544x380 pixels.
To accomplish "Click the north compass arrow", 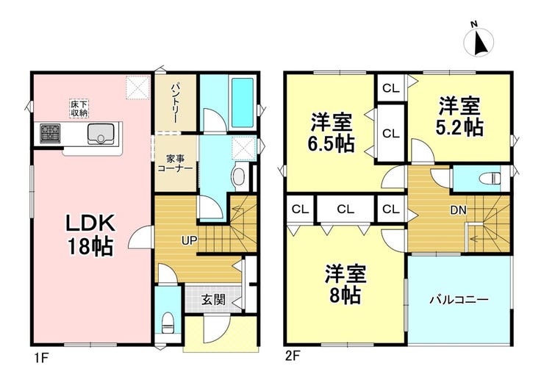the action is pos(480,43).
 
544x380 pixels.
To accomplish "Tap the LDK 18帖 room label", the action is pos(90,235).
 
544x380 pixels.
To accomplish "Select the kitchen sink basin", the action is pos(101,133).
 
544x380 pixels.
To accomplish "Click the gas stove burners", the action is pos(50,133).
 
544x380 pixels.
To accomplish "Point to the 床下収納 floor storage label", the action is pos(79,108).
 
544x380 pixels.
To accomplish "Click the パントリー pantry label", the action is pos(174,102).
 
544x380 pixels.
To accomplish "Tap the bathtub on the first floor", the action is pos(243,102).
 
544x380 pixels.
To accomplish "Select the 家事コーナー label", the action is pos(175,164).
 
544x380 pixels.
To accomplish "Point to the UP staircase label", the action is pos(190,240).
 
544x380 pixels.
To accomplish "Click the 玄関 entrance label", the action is pos(213,300).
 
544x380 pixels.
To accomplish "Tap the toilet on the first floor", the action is pos(168,323).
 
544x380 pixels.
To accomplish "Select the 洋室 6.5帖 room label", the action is pos(332,132).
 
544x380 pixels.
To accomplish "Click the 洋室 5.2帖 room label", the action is pos(459,117).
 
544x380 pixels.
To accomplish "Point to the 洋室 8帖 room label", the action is pos(346,284).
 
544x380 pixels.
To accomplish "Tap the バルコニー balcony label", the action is pos(459,299).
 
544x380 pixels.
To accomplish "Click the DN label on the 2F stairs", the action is pos(458,210).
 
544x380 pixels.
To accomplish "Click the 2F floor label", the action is pos(293,356).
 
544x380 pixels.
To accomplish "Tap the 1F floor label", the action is pos(40,357).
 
